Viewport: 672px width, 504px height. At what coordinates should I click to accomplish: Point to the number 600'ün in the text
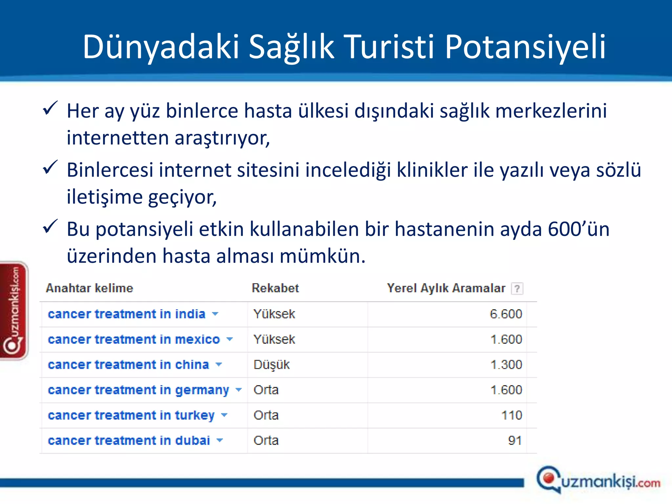coord(578,229)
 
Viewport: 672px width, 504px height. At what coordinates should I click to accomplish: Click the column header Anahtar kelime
coord(90,288)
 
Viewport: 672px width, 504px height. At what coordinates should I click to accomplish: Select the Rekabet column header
coord(275,288)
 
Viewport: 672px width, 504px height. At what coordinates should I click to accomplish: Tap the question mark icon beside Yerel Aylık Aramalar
coord(517,289)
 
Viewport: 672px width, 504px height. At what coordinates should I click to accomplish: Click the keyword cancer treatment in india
coord(127,314)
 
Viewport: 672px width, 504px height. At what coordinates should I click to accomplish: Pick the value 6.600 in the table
coord(506,314)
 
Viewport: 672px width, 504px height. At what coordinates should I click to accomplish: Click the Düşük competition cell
coord(271,365)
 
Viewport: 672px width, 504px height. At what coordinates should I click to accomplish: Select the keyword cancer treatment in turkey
coord(131,415)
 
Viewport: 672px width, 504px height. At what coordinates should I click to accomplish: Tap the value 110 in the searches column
coord(512,415)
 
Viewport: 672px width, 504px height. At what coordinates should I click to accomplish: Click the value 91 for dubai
coord(515,441)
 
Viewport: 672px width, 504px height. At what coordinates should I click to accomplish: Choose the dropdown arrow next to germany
coord(239,390)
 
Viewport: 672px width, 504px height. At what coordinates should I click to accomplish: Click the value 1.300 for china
coord(506,365)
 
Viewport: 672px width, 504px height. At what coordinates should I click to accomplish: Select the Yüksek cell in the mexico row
coord(274,340)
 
